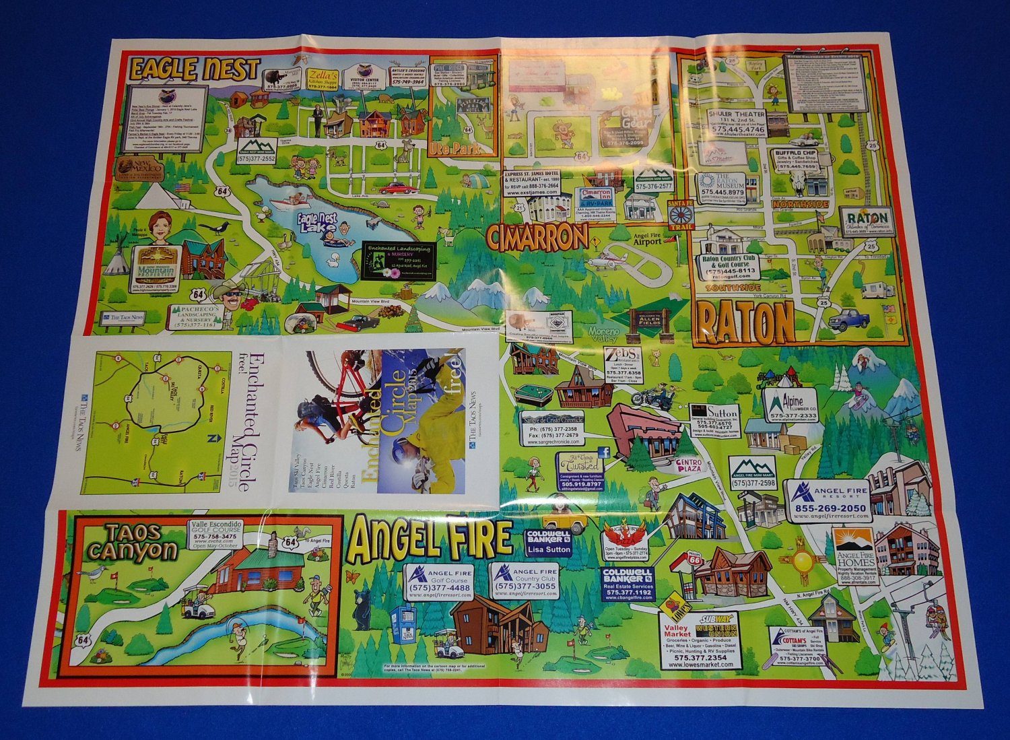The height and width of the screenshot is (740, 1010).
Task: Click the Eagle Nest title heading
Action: [194, 69]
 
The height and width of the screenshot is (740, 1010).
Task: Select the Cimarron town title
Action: [536, 237]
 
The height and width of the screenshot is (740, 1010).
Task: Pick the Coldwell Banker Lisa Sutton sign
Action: [549, 542]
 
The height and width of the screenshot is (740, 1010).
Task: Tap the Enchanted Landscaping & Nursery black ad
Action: [399, 261]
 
